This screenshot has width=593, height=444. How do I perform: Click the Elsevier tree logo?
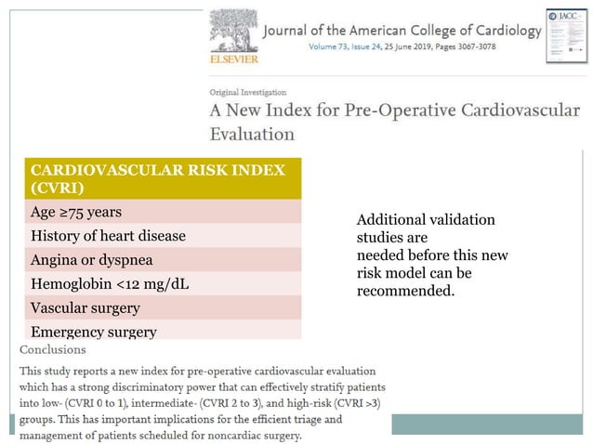232,32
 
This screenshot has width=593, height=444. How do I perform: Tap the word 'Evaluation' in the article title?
252,133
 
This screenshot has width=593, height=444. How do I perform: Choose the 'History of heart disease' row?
108,236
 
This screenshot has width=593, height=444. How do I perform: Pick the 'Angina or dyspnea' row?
92,259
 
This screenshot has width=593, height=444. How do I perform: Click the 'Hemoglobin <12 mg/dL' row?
110,283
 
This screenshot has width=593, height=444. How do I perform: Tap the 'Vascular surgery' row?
86,307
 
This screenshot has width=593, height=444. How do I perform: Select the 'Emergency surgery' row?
93,331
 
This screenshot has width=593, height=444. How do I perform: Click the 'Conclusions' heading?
53,350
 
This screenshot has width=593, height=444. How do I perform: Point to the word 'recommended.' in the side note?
405,291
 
